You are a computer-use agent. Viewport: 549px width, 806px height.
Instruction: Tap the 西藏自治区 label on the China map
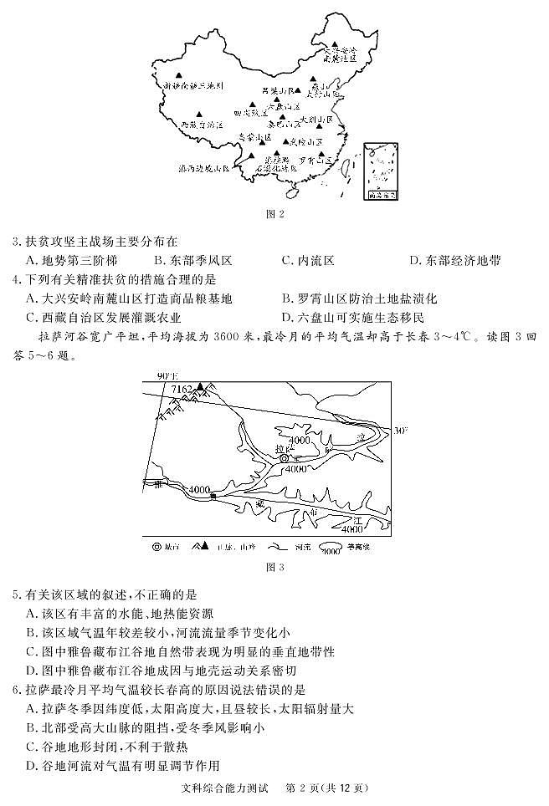point(202,124)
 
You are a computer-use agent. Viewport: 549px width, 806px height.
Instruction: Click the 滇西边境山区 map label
point(203,168)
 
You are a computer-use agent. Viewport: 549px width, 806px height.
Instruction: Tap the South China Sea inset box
point(380,173)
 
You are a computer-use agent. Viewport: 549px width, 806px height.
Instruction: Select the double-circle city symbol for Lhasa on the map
point(284,458)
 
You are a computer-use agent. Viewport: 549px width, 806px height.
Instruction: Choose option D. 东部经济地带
point(455,261)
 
